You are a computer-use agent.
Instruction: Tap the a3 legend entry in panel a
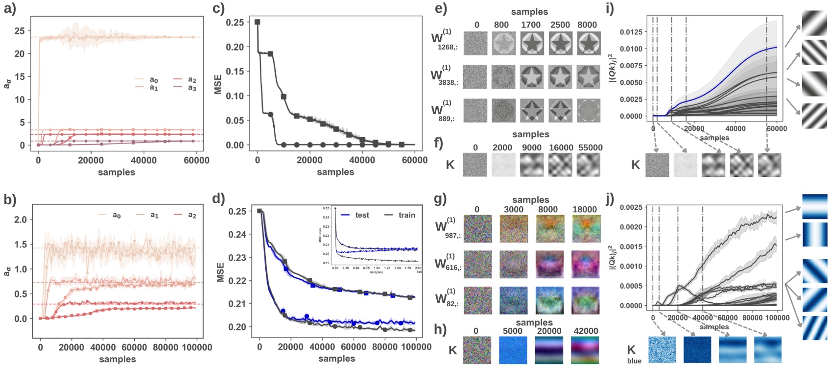tap(192, 88)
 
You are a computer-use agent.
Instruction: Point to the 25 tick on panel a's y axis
tap(19, 31)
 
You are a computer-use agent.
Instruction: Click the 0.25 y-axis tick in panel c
tap(235, 22)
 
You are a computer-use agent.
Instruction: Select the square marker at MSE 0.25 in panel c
tap(258, 22)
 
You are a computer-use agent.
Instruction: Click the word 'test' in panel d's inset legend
tap(362, 215)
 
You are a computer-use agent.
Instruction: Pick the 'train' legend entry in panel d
tap(406, 215)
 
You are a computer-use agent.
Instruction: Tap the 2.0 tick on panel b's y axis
tap(20, 220)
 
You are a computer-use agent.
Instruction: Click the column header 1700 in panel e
tap(531, 25)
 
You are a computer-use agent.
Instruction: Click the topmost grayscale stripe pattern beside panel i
tap(814, 23)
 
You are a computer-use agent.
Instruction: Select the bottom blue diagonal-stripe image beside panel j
tap(814, 328)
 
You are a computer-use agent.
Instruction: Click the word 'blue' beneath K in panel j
tap(634, 361)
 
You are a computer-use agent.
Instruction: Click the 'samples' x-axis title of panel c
tap(335, 172)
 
